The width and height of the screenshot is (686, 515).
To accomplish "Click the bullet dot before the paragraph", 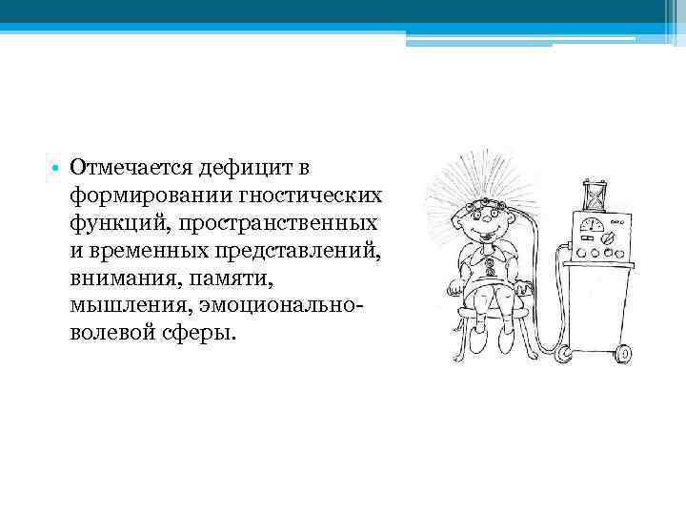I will pyautogui.click(x=56, y=170).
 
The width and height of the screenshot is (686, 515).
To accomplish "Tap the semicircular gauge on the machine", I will pyautogui.click(x=591, y=225).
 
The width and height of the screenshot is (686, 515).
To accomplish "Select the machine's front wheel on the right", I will pyautogui.click(x=625, y=355).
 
